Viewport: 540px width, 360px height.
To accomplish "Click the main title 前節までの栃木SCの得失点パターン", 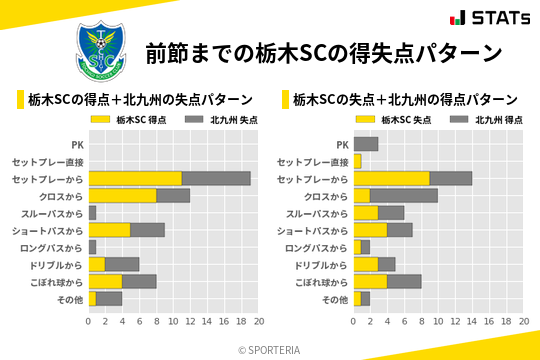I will (x=323, y=53).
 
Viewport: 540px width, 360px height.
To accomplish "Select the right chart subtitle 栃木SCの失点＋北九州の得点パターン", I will (x=405, y=100).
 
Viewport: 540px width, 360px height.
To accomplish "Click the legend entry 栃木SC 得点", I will (x=130, y=119).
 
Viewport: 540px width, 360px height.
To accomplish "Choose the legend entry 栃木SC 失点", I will (x=395, y=119).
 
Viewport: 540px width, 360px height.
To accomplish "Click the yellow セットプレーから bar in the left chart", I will (x=135, y=178).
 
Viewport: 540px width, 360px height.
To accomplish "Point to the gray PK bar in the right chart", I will (x=366, y=144).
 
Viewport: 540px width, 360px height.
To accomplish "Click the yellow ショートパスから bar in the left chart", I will (x=110, y=230).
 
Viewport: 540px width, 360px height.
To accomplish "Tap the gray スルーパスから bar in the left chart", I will (x=92, y=213).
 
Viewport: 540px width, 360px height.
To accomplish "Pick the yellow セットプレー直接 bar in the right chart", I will (x=357, y=161).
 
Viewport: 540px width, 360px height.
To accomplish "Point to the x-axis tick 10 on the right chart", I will (x=438, y=322).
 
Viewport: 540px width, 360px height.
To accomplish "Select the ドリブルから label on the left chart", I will (x=57, y=265).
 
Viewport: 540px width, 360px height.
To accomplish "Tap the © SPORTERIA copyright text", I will (x=270, y=349).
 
